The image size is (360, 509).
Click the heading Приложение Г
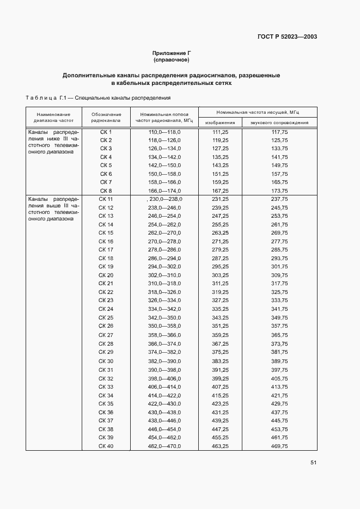point(171,53)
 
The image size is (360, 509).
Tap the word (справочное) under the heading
point(171,60)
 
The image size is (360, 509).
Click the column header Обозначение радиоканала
point(106,118)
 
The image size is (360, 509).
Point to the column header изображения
point(220,122)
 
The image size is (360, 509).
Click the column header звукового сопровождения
point(279,122)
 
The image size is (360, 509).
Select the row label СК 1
point(106,132)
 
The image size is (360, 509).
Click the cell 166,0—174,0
point(164,191)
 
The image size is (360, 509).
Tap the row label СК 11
point(106,200)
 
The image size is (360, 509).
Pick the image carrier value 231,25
point(220,200)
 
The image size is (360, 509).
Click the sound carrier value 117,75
point(279,132)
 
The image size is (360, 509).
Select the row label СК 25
point(106,317)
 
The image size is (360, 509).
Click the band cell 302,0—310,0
point(164,275)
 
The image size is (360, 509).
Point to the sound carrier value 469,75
point(279,446)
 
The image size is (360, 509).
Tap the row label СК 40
point(106,446)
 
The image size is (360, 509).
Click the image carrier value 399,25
point(220,378)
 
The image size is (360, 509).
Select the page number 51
point(313,463)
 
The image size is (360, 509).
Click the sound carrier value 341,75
point(279,309)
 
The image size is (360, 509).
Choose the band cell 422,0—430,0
point(164,404)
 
